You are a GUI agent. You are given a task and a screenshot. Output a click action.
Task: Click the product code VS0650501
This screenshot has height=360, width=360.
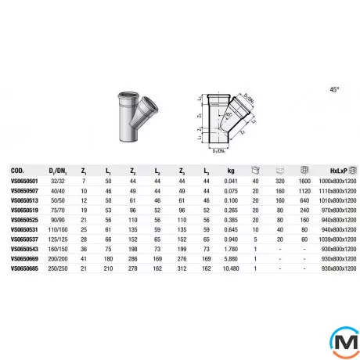(23, 180)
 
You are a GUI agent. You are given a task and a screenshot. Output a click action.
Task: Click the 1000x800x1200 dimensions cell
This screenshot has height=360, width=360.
(333, 180)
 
